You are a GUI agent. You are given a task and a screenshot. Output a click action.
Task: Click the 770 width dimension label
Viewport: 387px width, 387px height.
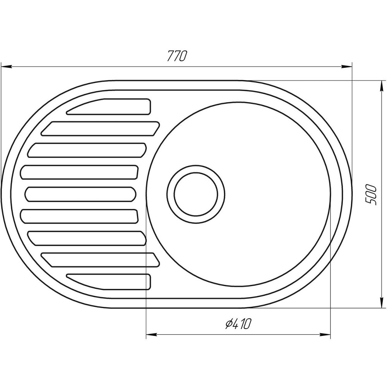point(177,57)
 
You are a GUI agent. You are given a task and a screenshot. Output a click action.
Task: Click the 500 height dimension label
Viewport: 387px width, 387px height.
point(371,195)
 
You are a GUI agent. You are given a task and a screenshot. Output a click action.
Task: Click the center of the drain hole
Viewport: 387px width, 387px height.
point(196,194)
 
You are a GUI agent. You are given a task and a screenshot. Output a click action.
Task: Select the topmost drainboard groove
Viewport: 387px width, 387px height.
point(110,107)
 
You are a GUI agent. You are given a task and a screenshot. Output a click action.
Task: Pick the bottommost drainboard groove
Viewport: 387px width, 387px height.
point(110,282)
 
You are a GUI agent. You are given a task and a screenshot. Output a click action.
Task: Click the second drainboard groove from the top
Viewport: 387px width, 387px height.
point(101,128)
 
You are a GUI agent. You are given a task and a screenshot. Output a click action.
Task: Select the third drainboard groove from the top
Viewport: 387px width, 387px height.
point(87,150)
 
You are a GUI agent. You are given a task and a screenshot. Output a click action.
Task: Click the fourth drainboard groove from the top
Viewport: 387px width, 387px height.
point(80,172)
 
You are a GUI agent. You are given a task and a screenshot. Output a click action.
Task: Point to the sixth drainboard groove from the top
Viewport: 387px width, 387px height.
point(80,216)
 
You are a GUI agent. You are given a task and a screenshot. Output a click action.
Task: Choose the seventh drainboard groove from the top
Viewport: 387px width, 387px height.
point(87,238)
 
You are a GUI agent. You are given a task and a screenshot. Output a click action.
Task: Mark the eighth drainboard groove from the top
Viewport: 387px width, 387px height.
point(101,260)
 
